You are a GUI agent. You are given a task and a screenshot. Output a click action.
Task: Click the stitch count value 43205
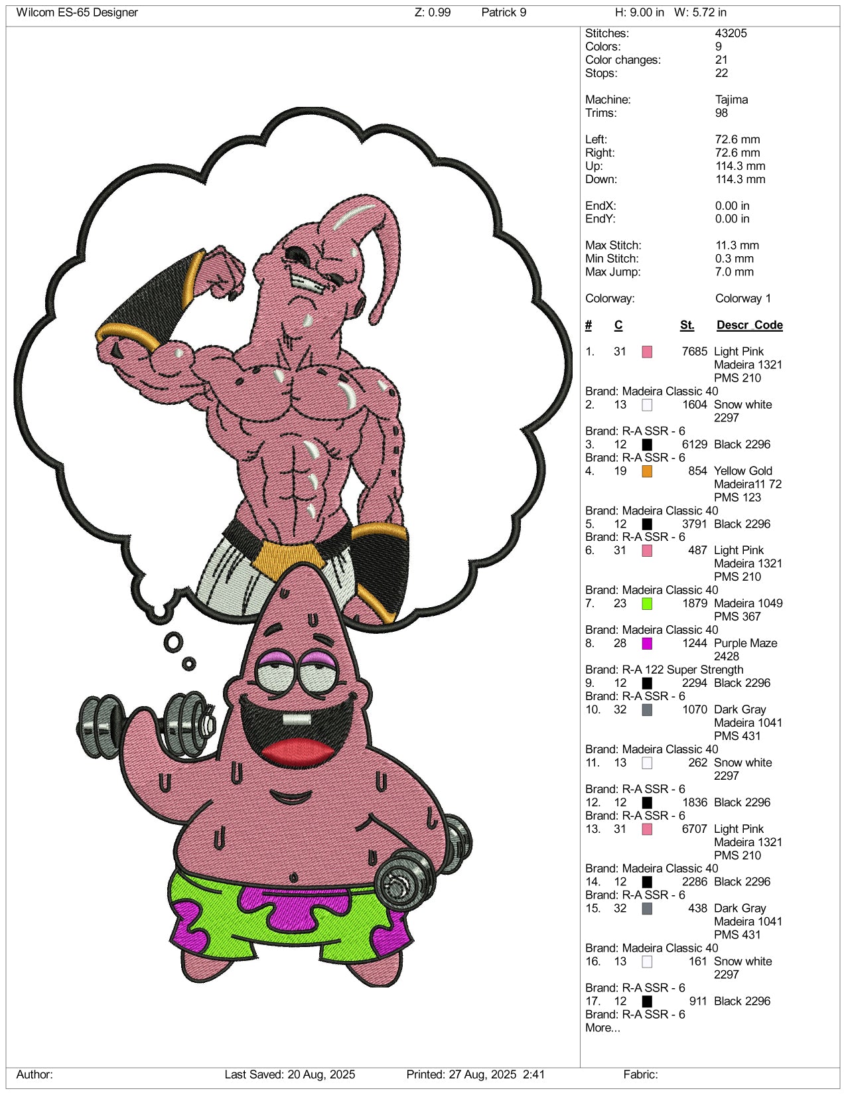(x=731, y=33)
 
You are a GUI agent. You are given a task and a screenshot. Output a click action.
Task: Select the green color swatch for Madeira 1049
(x=647, y=604)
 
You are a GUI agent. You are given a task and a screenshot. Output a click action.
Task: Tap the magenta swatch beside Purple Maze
(x=647, y=644)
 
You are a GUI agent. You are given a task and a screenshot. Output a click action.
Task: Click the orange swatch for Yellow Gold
(x=647, y=471)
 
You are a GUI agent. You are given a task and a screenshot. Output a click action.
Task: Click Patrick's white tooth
(x=297, y=719)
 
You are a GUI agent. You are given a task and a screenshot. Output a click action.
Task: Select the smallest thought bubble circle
(x=189, y=664)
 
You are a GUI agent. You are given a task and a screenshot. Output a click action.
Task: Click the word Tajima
(x=732, y=100)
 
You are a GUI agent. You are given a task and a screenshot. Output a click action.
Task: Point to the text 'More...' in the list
(x=602, y=1028)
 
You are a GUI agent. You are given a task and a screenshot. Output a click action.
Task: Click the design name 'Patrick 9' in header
(x=504, y=13)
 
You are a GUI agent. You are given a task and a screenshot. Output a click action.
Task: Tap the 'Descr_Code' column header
(x=750, y=325)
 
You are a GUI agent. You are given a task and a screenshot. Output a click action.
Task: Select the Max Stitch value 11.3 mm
(x=737, y=246)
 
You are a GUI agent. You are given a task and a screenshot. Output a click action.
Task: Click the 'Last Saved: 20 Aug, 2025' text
(x=290, y=1074)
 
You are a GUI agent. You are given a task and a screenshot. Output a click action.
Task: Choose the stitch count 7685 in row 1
(x=694, y=352)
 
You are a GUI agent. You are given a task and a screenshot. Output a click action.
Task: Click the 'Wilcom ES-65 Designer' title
(x=77, y=13)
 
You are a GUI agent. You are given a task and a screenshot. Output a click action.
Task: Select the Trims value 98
(x=721, y=113)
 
